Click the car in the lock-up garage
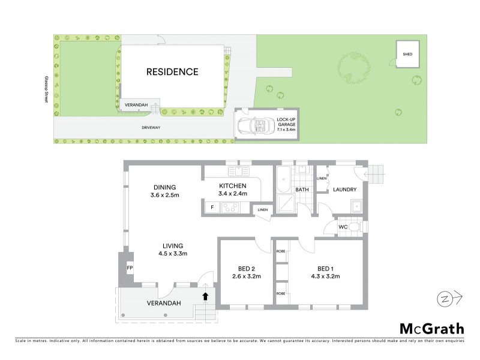coord(255,125)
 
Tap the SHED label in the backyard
coord(407,55)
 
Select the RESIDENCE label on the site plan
coord(172,72)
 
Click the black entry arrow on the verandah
coord(205,296)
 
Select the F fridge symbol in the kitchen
coord(211,208)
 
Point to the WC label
coord(343,227)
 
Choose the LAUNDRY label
coord(345,189)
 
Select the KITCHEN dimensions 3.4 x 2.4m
coord(233,194)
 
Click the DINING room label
coord(164,186)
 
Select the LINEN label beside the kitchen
coord(262,209)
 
